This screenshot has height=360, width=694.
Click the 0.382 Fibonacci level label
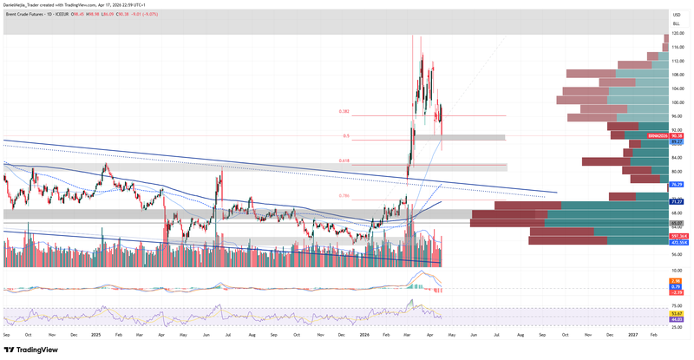click(x=344, y=111)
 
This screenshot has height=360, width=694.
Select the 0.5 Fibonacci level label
click(x=346, y=135)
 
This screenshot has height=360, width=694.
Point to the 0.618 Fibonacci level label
click(x=344, y=160)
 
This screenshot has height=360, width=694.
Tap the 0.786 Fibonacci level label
click(x=344, y=196)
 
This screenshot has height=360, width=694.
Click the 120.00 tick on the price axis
click(x=678, y=34)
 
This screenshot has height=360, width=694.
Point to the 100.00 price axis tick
click(x=678, y=102)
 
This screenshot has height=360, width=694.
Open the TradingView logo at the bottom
click(x=32, y=350)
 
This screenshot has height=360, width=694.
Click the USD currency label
click(x=677, y=15)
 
